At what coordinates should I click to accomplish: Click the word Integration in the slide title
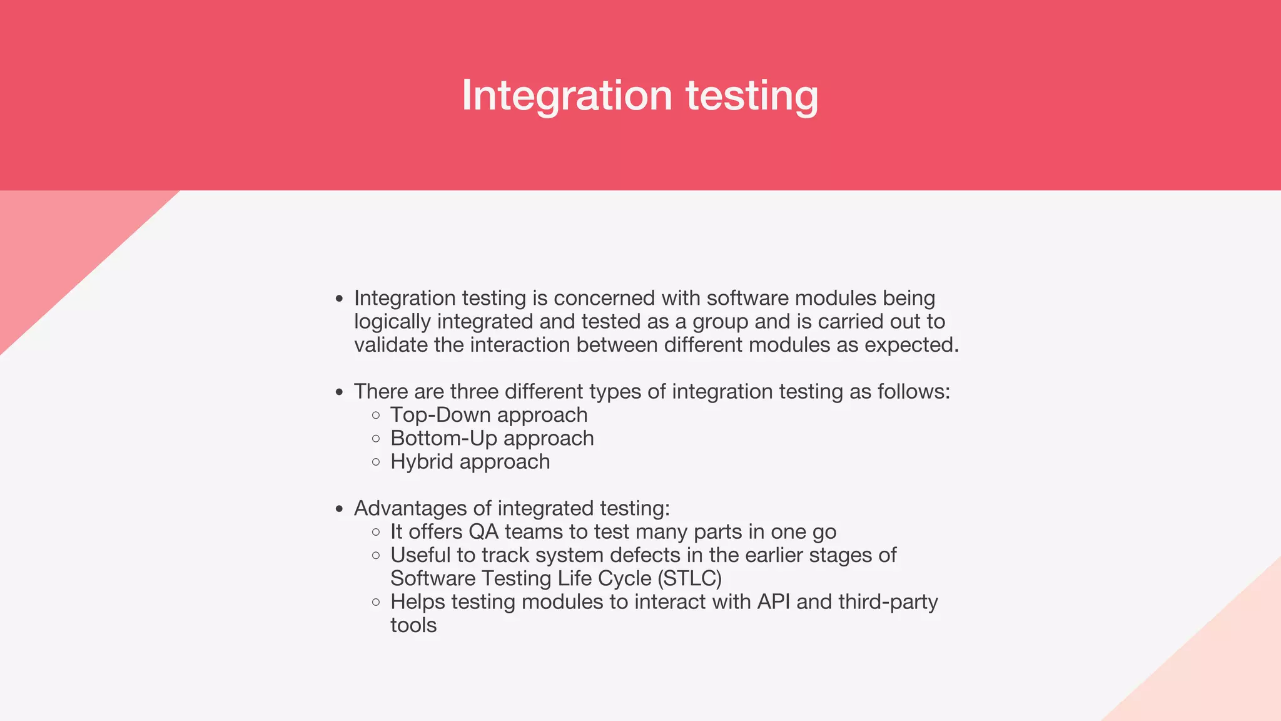pyautogui.click(x=567, y=95)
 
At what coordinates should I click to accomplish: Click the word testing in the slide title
pyautogui.click(x=752, y=95)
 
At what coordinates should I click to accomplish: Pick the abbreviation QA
pyautogui.click(x=484, y=532)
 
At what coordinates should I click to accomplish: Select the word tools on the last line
pyautogui.click(x=413, y=625)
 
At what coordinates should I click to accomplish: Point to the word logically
pyautogui.click(x=392, y=322)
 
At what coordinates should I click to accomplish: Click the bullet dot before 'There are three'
pyautogui.click(x=339, y=392)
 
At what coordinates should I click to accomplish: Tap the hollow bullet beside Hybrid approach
pyautogui.click(x=375, y=462)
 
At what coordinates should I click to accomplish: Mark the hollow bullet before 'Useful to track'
pyautogui.click(x=375, y=555)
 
